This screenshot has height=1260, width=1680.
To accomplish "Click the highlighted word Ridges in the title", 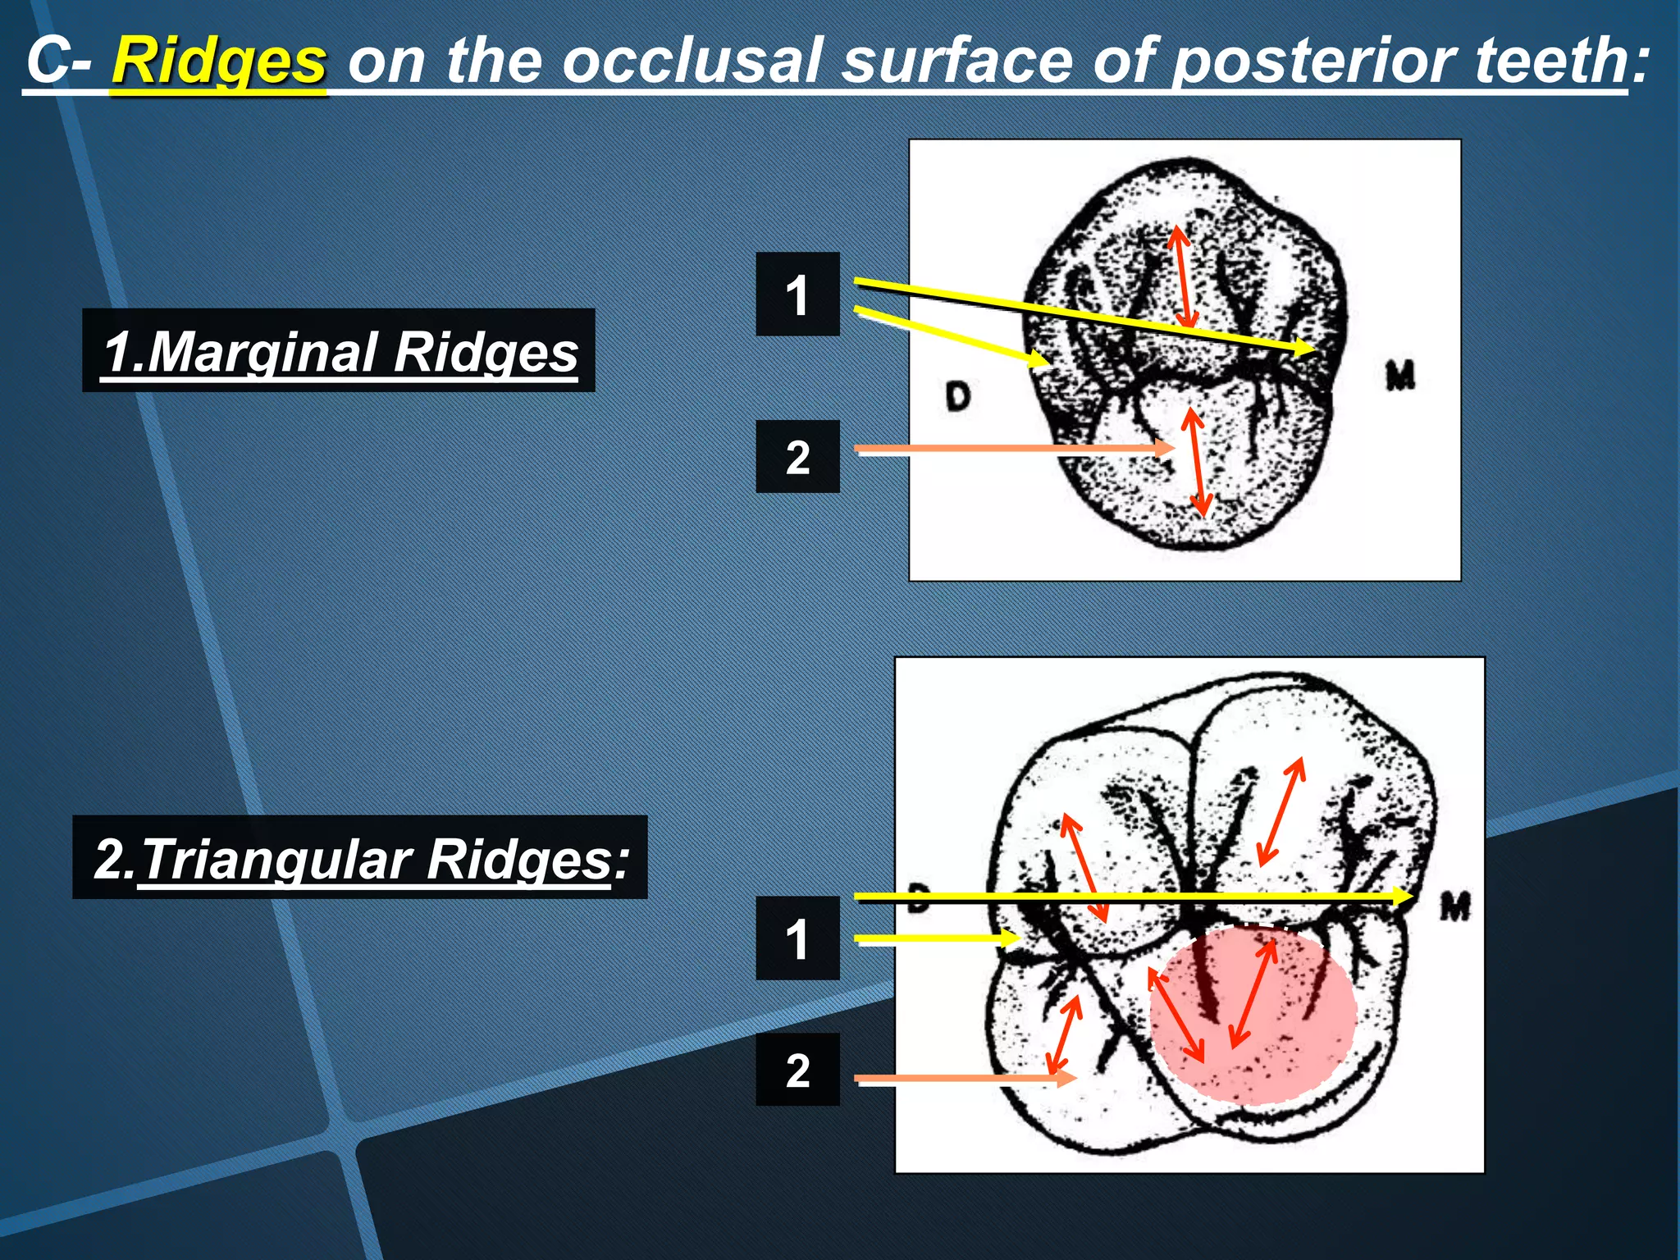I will click(x=219, y=62).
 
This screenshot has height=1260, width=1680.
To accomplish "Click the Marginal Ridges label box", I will click(x=339, y=351).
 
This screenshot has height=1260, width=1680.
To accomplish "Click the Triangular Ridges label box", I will click(x=360, y=858).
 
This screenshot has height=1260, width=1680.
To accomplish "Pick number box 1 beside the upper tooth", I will click(x=797, y=294).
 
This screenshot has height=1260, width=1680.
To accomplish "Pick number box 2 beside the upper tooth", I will click(x=797, y=457).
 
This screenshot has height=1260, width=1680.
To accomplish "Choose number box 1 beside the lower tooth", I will click(x=797, y=938).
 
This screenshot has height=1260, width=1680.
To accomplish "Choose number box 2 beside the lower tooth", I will click(x=797, y=1070).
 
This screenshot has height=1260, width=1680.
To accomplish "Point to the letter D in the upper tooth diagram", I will click(x=957, y=396).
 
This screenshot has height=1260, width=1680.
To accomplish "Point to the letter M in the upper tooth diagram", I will click(x=1400, y=376).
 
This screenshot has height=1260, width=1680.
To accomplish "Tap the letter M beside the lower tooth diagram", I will click(x=1456, y=907).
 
